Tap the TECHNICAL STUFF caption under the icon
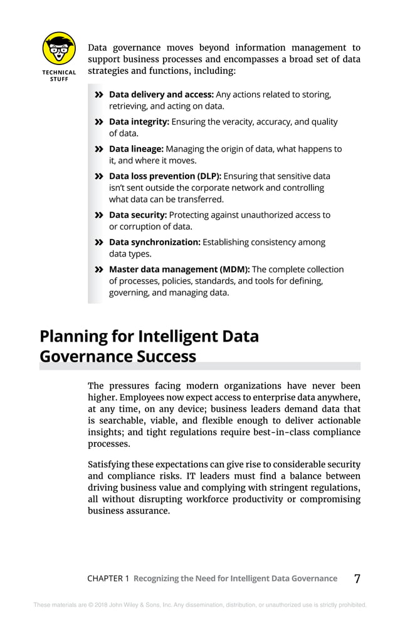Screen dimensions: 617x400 pyautogui.click(x=59, y=76)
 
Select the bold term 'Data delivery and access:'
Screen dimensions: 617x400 pyautogui.click(x=161, y=94)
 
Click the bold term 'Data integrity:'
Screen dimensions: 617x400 pyautogui.click(x=139, y=122)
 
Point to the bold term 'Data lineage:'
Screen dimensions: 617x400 pyautogui.click(x=136, y=149)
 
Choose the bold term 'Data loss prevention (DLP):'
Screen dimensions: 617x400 pyautogui.click(x=165, y=176)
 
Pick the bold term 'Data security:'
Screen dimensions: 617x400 pyautogui.click(x=137, y=215)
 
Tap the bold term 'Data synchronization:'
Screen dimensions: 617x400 pyautogui.click(x=154, y=242)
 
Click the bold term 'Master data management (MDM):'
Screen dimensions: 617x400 pyautogui.click(x=179, y=269)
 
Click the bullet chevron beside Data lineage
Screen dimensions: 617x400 pyautogui.click(x=98, y=150)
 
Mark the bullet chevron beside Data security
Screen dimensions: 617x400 pyautogui.click(x=98, y=215)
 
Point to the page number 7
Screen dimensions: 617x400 pyautogui.click(x=357, y=578)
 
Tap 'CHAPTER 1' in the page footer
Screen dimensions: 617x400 pyautogui.click(x=108, y=579)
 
